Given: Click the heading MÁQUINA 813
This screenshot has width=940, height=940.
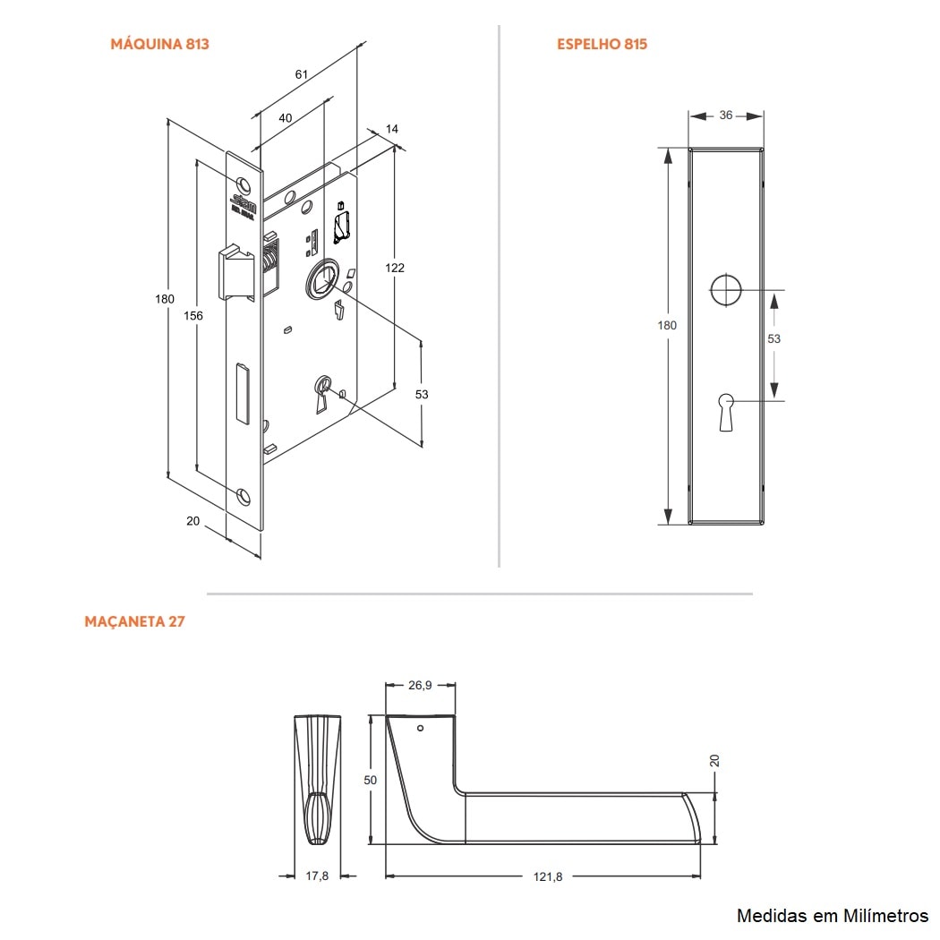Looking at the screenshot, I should (x=159, y=44).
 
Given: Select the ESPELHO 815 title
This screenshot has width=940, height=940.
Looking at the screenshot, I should (x=602, y=44).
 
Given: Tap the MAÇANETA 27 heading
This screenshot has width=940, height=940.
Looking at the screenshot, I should (x=134, y=621).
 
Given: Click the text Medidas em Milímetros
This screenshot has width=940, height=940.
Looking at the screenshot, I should (x=833, y=915).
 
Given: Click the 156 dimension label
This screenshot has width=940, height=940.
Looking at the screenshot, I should (x=193, y=316).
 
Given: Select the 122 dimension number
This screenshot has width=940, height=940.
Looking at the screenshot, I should (x=395, y=268).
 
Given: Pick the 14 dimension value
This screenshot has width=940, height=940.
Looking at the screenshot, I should (x=392, y=130).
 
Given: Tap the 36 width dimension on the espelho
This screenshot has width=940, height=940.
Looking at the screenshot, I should (x=725, y=115).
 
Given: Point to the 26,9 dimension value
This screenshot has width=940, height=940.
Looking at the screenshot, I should (x=420, y=685).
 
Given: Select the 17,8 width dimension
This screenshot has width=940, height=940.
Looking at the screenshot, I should (x=317, y=876).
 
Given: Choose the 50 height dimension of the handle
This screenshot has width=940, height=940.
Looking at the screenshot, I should (x=371, y=780).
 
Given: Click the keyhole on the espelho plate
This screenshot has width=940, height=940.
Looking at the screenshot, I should (x=726, y=410).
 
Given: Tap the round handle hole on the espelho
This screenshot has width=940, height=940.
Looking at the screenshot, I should (x=726, y=290).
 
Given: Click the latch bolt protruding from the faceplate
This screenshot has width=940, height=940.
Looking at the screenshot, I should (x=235, y=272).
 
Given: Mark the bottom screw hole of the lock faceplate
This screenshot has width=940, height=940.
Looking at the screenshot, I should (x=244, y=495).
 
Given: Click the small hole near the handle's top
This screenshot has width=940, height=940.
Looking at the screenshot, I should (x=421, y=729).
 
